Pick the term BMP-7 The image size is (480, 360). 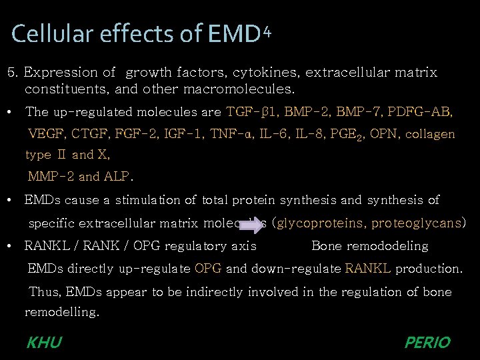[x=357, y=111]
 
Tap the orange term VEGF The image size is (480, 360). [x=47, y=134]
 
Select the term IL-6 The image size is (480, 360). [x=273, y=134]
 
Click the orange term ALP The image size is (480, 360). [x=117, y=177]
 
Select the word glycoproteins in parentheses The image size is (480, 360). [x=323, y=223]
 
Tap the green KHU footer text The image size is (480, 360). [x=44, y=343]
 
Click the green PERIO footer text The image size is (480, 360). [x=427, y=343]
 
